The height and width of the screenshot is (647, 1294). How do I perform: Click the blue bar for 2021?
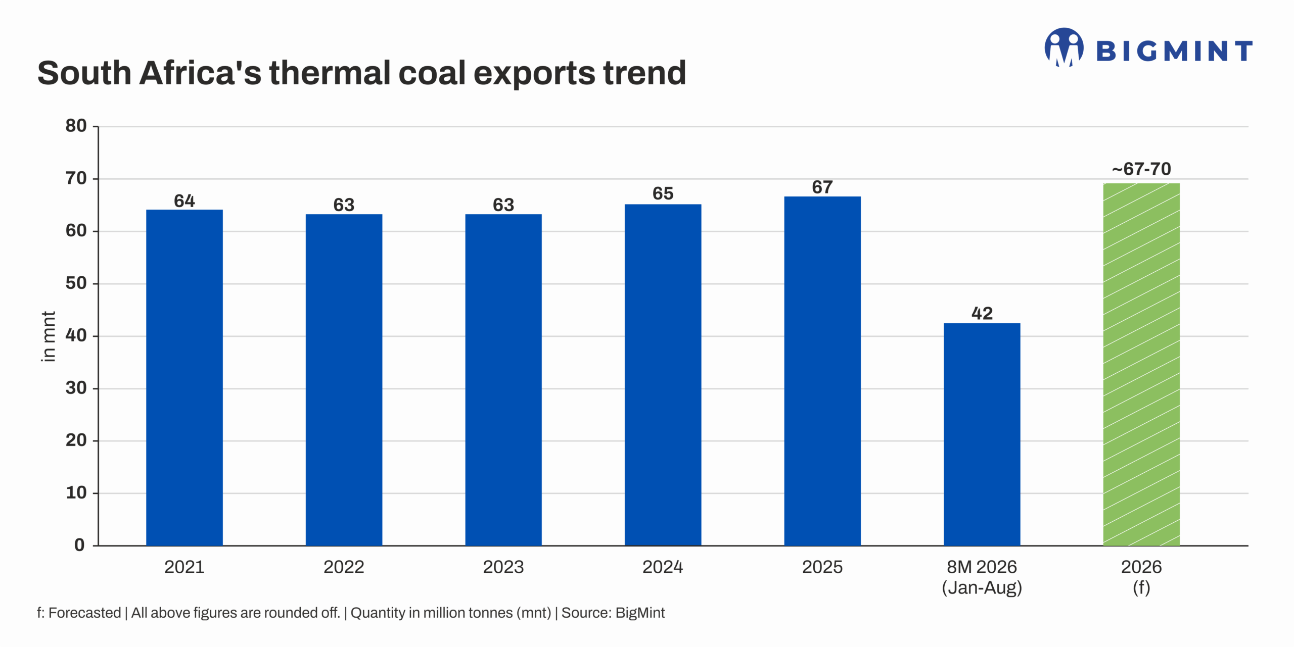pyautogui.click(x=184, y=377)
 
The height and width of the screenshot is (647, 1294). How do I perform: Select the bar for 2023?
pyautogui.click(x=503, y=380)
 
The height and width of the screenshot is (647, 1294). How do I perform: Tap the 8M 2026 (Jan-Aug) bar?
pyautogui.click(x=982, y=434)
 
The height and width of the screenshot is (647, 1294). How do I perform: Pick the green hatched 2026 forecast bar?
pyautogui.click(x=1141, y=364)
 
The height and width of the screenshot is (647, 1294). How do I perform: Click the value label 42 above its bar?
pyautogui.click(x=982, y=313)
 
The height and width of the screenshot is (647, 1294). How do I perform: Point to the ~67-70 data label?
pyautogui.click(x=1141, y=169)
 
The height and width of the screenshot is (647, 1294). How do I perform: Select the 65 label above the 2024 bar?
pyautogui.click(x=663, y=193)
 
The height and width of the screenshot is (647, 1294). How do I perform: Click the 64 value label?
pyautogui.click(x=184, y=201)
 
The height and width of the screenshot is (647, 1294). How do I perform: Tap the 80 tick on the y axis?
pyautogui.click(x=76, y=126)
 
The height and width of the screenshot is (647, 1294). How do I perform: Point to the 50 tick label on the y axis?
pyautogui.click(x=76, y=283)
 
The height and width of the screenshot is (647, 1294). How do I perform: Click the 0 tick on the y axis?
pyautogui.click(x=79, y=545)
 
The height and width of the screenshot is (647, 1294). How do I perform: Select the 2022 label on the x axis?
pyautogui.click(x=344, y=567)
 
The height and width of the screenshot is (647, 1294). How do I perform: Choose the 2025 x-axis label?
pyautogui.click(x=822, y=567)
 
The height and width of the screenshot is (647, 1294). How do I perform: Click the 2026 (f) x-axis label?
pyautogui.click(x=1141, y=577)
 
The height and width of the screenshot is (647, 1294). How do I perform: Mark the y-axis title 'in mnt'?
pyautogui.click(x=48, y=336)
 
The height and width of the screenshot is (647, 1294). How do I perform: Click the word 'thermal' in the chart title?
pyautogui.click(x=331, y=73)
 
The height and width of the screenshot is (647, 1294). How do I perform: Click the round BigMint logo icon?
pyautogui.click(x=1064, y=47)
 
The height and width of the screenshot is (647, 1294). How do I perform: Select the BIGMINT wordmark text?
pyautogui.click(x=1174, y=51)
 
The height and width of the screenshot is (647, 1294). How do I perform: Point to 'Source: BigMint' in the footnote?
pyautogui.click(x=613, y=613)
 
